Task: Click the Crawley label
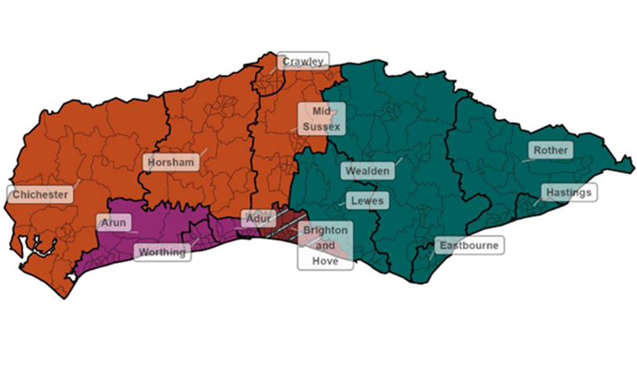point(303,61)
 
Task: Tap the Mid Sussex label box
point(321,118)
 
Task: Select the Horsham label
point(171,162)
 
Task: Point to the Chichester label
point(39,194)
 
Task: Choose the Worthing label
point(162,252)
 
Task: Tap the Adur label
point(257,219)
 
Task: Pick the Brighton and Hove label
point(325,246)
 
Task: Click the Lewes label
point(367,201)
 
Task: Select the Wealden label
point(366,170)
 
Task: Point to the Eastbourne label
point(468,246)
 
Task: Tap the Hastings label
point(569,192)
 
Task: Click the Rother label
point(551,150)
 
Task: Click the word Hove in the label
point(325,261)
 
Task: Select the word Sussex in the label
point(321,126)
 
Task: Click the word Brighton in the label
point(325,231)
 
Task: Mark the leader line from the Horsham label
point(202,151)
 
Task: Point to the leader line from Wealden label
point(397,161)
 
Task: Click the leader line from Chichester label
point(76,184)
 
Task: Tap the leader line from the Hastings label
point(537,201)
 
